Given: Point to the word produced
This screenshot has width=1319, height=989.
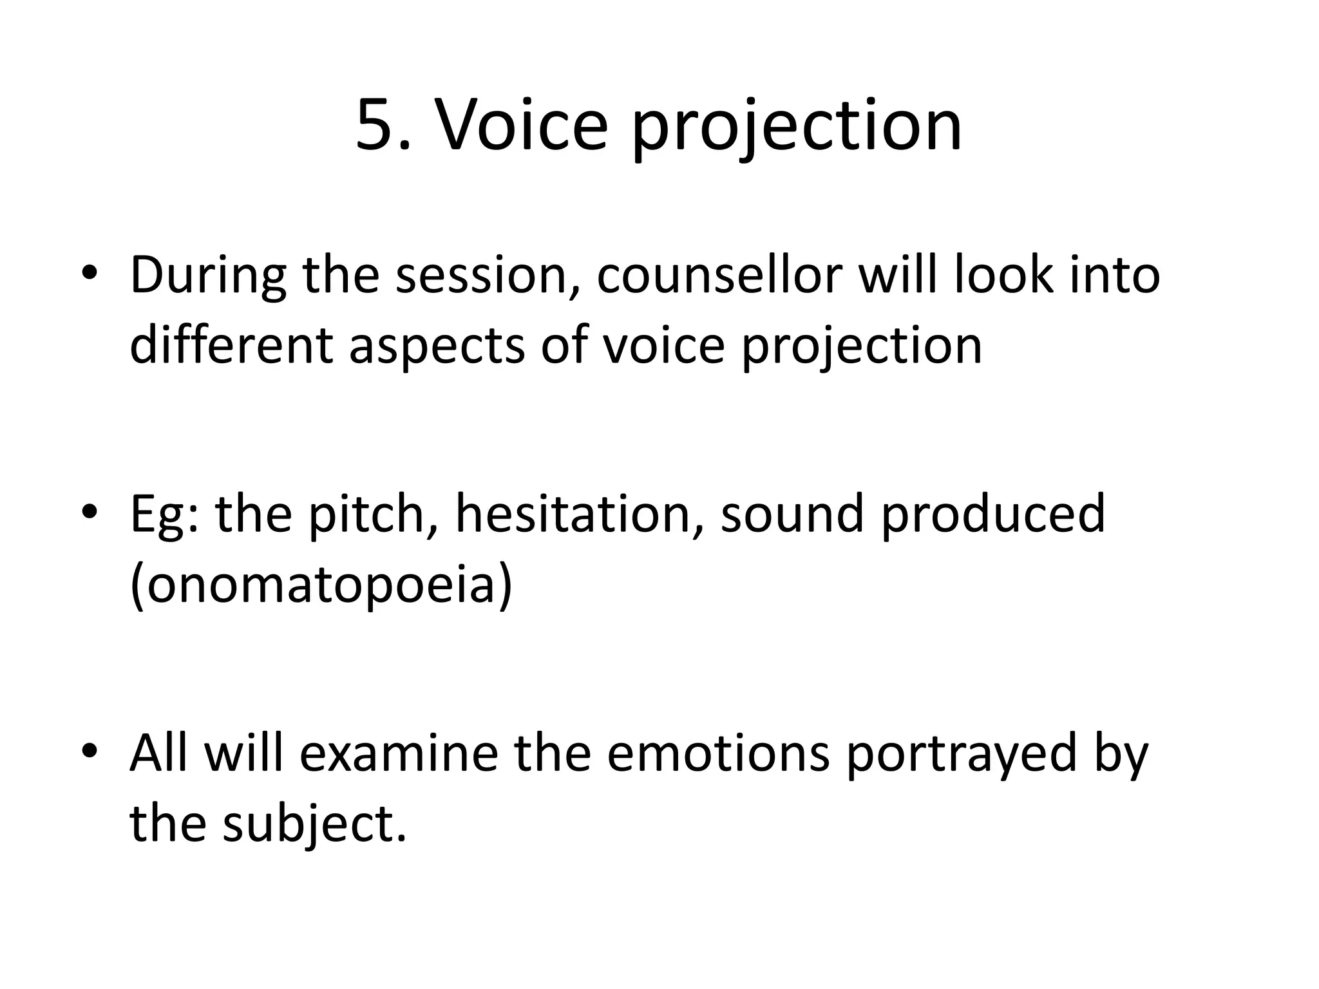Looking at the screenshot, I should click(x=992, y=515).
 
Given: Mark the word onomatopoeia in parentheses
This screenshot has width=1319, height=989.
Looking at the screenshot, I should click(x=321, y=586).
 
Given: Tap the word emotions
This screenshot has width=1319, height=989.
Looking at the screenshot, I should click(x=717, y=753).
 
